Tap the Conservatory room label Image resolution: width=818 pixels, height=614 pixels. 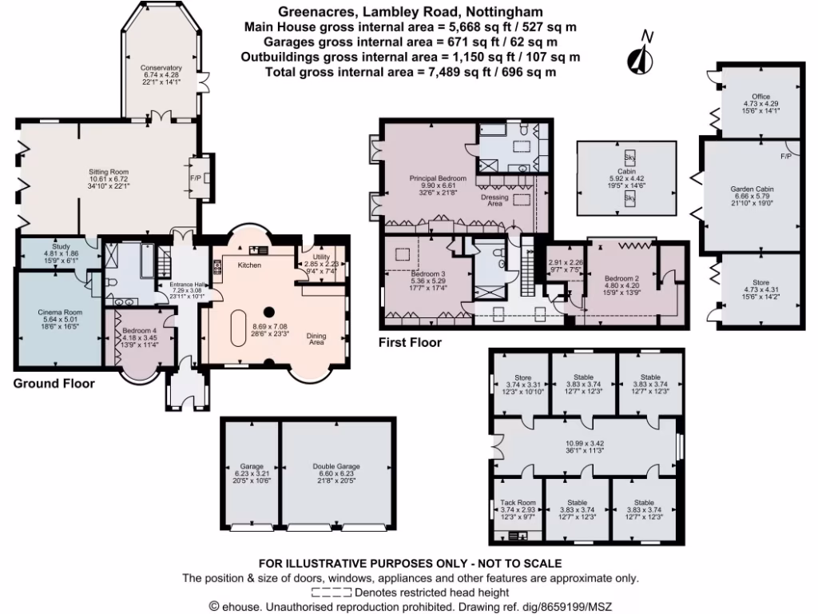[161, 69]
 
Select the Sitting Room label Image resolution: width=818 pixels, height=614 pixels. [108, 171]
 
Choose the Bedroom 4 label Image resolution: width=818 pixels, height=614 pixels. [140, 332]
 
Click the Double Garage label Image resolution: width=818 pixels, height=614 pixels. [336, 465]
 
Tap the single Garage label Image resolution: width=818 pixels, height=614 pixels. [252, 465]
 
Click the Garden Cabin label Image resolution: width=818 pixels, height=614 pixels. [752, 189]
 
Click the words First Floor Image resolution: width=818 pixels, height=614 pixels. [410, 342]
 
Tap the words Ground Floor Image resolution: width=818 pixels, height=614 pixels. [54, 384]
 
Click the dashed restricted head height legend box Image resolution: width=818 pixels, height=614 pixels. [332, 592]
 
